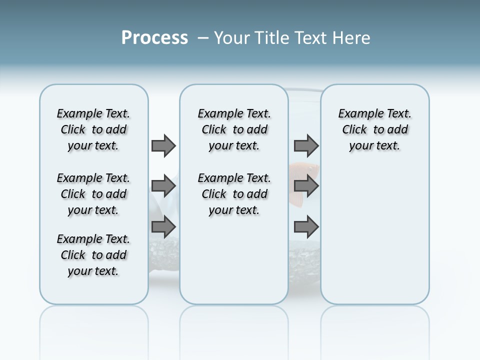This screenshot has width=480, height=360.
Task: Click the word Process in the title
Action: pyautogui.click(x=154, y=38)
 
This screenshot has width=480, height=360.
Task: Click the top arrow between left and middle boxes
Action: pyautogui.click(x=163, y=145)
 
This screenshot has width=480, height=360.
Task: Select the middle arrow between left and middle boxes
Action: pyautogui.click(x=163, y=186)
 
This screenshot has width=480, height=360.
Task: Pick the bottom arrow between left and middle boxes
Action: pyautogui.click(x=163, y=227)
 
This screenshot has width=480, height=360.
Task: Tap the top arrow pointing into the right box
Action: pyautogui.click(x=306, y=145)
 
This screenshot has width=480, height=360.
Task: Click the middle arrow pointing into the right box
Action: pyautogui.click(x=306, y=186)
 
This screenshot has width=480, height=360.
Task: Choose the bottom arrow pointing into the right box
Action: pyautogui.click(x=306, y=227)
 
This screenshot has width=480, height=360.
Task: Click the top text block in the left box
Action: pyautogui.click(x=93, y=129)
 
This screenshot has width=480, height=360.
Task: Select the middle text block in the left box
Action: pyautogui.click(x=93, y=194)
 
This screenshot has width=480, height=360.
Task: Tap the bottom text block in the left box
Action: pyautogui.click(x=93, y=255)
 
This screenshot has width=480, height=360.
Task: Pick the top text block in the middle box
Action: pyautogui.click(x=234, y=129)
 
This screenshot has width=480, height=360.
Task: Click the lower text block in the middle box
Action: pyautogui.click(x=234, y=194)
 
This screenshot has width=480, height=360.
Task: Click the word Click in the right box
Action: pyautogui.click(x=354, y=130)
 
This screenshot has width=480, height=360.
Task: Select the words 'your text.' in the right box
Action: pyautogui.click(x=374, y=146)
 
